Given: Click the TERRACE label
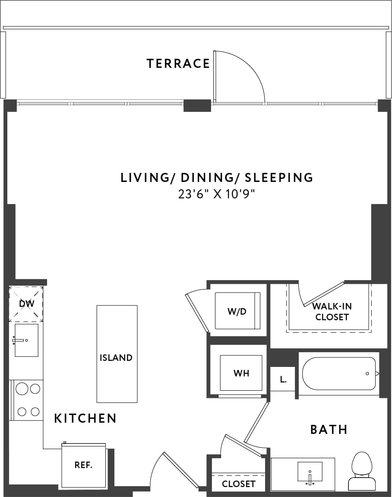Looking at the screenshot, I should click(x=178, y=64).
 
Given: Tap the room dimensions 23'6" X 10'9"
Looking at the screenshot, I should click(x=217, y=194).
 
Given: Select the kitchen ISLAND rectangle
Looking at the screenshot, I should click(x=117, y=354).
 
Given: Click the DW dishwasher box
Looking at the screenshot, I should click(x=26, y=304).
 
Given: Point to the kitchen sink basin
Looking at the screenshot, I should click(x=26, y=340).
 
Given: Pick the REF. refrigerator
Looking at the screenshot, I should click(x=83, y=465).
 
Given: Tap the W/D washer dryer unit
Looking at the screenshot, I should click(x=237, y=311).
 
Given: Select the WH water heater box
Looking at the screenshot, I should click(x=241, y=373).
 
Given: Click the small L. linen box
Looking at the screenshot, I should click(x=283, y=379).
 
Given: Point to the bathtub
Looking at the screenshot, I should click(x=339, y=373).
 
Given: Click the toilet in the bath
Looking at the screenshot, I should click(x=361, y=471).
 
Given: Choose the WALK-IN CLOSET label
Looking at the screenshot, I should click(x=332, y=311).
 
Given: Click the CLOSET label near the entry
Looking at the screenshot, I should click(x=238, y=484).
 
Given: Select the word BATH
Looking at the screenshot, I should click(x=329, y=429).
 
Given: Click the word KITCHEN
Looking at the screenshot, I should click(x=85, y=418).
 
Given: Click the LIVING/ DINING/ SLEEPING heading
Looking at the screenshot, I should click(x=217, y=177).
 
